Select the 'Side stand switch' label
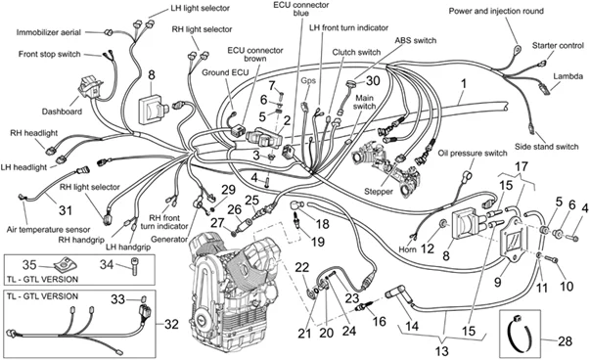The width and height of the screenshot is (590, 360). (x=552, y=146)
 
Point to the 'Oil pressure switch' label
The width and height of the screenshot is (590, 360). (x=472, y=154)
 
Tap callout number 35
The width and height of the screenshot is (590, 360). (x=29, y=263)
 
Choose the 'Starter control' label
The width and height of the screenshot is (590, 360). (x=556, y=46)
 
